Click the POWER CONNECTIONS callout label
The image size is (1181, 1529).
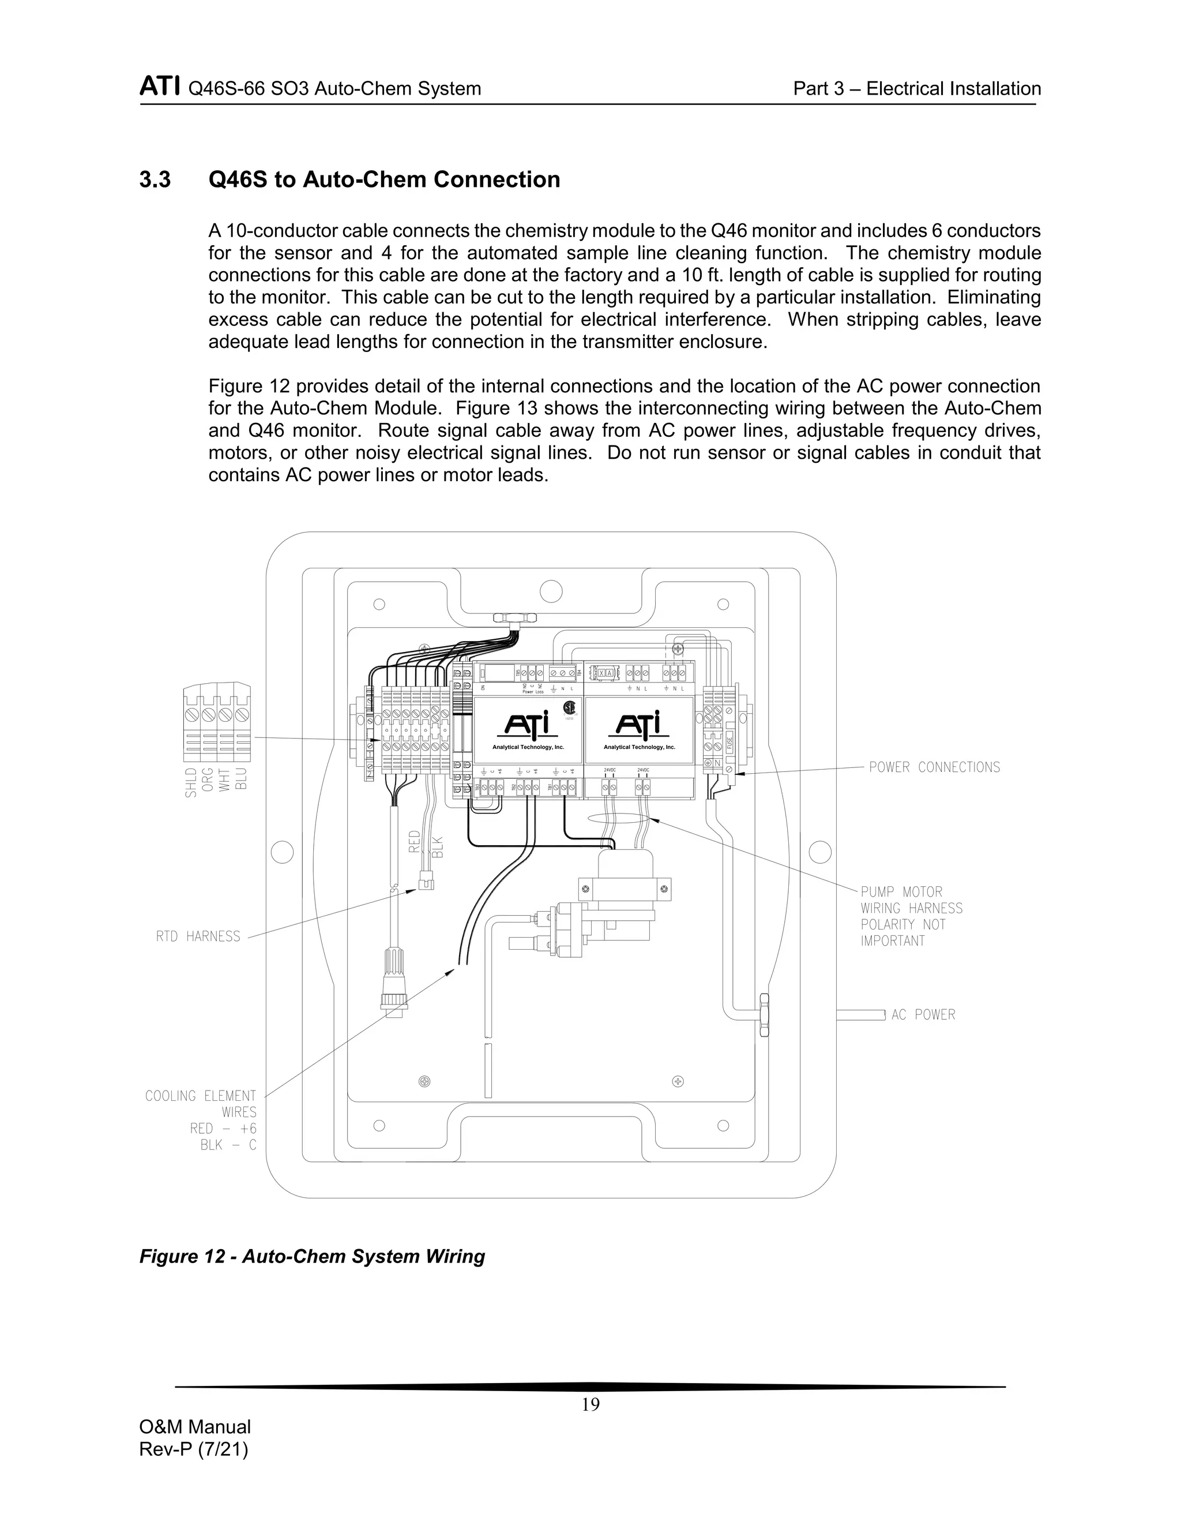[934, 767]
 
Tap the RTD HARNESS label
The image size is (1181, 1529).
[198, 936]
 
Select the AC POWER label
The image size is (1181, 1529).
[923, 1014]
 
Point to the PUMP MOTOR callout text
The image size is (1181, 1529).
[901, 892]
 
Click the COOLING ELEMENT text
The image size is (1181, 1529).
[201, 1096]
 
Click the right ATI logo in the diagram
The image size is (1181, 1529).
[639, 725]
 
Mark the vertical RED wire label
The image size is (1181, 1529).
[414, 841]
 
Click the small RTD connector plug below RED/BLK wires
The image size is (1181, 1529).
[426, 883]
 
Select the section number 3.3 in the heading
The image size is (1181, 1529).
[155, 180]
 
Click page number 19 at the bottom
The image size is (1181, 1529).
[590, 1405]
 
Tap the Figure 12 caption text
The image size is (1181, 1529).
[312, 1257]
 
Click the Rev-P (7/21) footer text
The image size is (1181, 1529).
[194, 1449]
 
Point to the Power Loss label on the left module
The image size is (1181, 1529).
[533, 692]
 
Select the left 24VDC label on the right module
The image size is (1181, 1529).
[609, 770]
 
